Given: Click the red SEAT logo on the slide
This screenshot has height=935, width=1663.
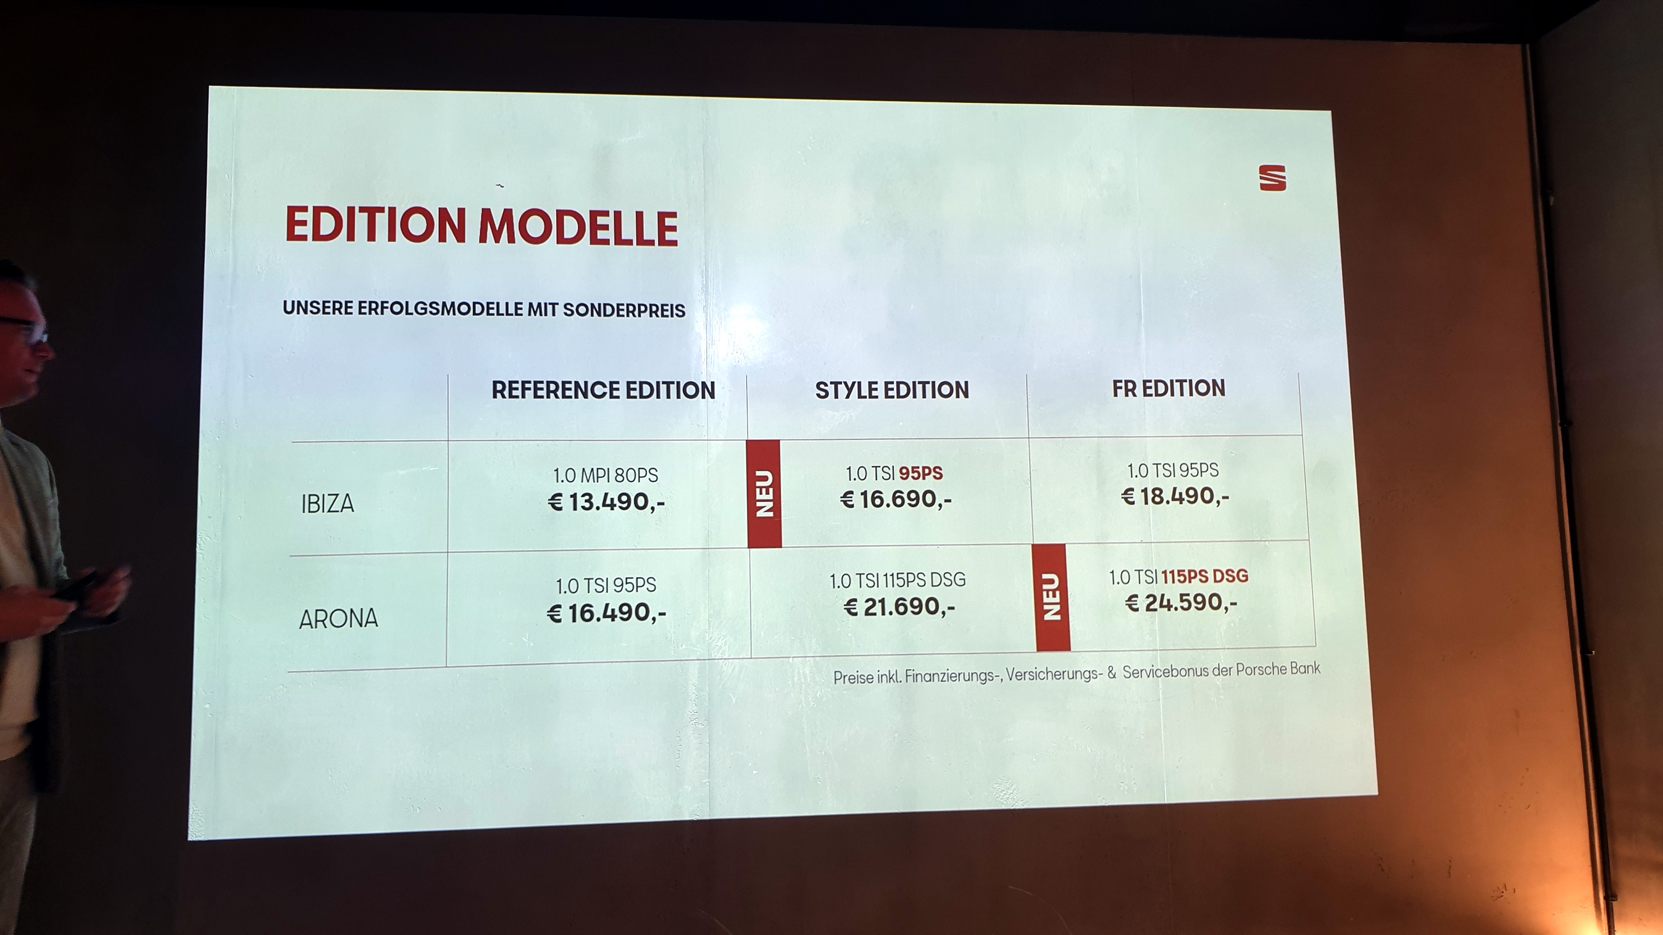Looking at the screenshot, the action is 1272,178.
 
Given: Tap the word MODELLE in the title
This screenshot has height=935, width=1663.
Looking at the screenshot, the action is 578,227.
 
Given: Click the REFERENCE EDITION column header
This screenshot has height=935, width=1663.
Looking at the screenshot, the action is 603,391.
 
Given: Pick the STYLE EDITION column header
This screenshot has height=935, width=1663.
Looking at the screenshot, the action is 892,390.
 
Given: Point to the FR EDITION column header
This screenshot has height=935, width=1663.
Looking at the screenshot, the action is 1169,388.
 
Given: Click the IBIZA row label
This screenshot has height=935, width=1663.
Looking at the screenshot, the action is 328,504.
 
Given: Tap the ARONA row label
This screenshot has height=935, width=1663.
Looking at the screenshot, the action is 338,619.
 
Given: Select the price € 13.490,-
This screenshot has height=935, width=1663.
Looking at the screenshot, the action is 606,502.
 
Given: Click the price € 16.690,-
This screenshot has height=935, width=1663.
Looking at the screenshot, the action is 896,499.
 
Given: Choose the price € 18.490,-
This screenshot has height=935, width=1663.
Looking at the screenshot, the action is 1175,496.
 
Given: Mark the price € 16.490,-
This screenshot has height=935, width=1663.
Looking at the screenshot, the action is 606,613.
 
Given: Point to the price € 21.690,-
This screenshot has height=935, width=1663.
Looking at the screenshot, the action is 899,607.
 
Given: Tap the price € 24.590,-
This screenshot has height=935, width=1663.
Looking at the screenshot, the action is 1181,603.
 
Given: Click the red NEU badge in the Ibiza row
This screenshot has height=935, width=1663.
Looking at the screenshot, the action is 764,494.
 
